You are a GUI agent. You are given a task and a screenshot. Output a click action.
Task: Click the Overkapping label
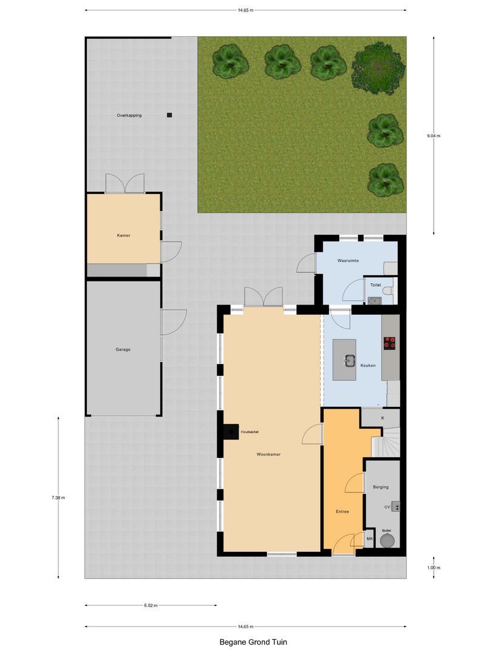click(x=129, y=115)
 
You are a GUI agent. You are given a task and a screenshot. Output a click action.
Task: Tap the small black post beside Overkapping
click(x=169, y=115)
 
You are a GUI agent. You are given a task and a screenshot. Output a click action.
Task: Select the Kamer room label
click(x=124, y=235)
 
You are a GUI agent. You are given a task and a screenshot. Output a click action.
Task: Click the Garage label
click(x=123, y=349)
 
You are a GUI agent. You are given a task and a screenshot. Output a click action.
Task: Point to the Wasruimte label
click(x=348, y=260)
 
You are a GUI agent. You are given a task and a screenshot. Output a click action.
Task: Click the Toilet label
click(x=376, y=284)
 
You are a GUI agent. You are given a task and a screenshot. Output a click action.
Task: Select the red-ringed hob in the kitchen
click(x=389, y=343)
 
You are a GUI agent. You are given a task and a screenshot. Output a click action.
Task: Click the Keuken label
click(x=368, y=365)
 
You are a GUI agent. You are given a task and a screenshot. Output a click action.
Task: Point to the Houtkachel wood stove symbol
click(x=231, y=431)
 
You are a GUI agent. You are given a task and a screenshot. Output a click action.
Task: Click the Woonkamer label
click(x=268, y=454)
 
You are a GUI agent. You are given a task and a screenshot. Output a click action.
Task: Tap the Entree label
click(x=343, y=511)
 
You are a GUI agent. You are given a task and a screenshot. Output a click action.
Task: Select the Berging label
click(x=381, y=487)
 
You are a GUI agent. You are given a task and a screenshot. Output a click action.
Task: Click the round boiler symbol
click(x=386, y=539)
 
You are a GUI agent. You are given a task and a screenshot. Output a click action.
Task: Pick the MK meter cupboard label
click(x=369, y=539)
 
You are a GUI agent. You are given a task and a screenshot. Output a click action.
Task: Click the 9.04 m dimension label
click(x=434, y=136)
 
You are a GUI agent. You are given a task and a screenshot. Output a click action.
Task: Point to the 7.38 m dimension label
click(x=58, y=498)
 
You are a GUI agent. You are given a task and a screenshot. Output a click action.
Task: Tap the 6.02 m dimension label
click(x=151, y=605)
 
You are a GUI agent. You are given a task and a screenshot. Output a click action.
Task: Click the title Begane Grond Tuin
click(x=246, y=641)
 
